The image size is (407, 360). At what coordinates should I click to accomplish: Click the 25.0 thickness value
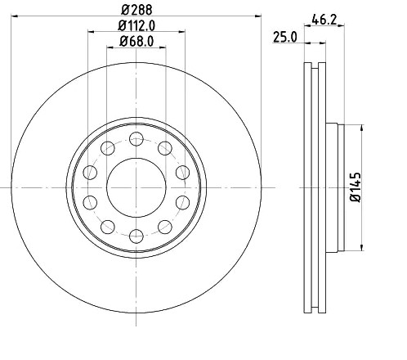284,38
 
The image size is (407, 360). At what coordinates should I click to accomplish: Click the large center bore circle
135,187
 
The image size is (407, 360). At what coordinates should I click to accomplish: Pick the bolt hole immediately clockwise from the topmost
165,147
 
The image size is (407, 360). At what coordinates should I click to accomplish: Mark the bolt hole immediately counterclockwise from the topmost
106,147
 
